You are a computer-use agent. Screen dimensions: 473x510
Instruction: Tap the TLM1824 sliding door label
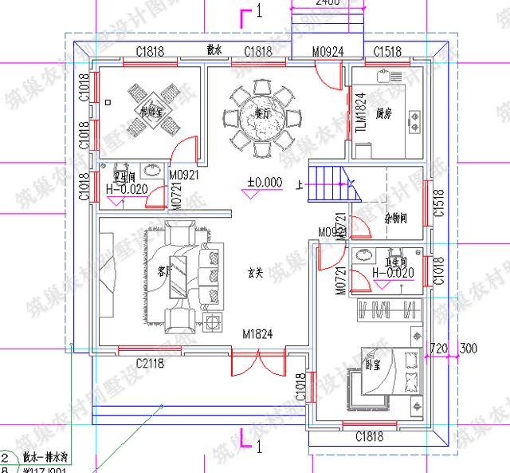point(359,112)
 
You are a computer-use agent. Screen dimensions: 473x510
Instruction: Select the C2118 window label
point(149,364)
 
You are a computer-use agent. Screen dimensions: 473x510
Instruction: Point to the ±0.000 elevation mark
point(265,183)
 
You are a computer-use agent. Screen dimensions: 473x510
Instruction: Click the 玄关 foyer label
point(255,272)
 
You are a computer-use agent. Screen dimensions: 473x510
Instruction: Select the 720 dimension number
point(438,348)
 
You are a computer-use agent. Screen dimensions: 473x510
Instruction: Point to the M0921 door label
point(184,173)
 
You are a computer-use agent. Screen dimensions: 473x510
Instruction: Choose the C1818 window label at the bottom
point(368,436)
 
